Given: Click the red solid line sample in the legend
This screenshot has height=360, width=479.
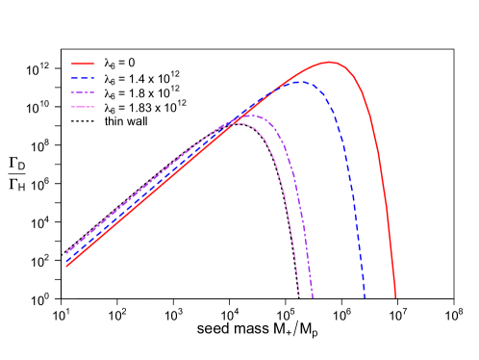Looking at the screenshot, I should pos(83,64).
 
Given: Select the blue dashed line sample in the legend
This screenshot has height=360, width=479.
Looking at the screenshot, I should pos(83,77).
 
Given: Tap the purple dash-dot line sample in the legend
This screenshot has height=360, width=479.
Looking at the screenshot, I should pos(83,91).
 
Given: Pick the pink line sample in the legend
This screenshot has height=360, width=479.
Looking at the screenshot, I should pos(83,106).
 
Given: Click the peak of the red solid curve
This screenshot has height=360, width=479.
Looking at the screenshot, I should pos(330,63).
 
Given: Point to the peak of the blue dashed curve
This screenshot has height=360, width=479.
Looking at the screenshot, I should pos(301,82).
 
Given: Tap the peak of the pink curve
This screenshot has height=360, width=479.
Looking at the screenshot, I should pos(238,123).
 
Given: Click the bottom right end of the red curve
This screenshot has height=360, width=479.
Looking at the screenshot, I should pos(394,296).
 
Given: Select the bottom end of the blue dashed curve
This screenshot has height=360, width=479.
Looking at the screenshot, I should pos(365,296).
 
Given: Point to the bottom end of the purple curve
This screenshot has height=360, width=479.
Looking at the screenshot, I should pos(313,296).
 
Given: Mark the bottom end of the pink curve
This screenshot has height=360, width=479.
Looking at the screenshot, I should pos(299,296).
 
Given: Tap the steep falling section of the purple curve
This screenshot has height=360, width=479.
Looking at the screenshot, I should pos(301,212).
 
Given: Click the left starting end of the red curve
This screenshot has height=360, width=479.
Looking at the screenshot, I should pos(66,265).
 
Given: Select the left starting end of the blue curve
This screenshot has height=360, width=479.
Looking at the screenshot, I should pos(66,259).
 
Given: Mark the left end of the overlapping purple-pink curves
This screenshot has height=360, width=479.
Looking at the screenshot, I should pos(66,251).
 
